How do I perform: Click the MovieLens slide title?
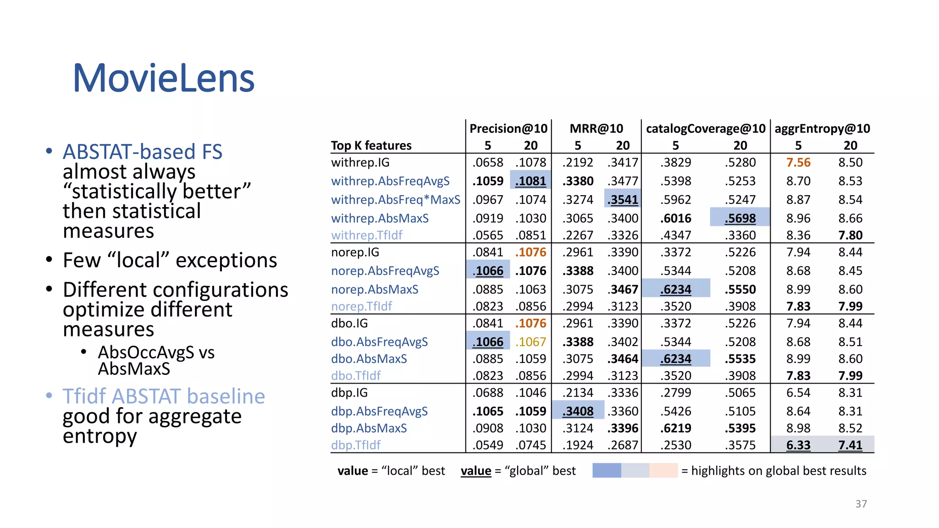164,78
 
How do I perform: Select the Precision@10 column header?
508,129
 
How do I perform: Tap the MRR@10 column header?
596,129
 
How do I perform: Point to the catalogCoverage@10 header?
706,129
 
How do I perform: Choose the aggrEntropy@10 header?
822,129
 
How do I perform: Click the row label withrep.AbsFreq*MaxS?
396,200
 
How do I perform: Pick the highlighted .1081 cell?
530,181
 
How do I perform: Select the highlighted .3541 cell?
622,200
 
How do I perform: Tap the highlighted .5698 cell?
740,219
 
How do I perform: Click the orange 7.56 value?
798,163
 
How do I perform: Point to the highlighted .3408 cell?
578,412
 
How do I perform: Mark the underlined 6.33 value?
798,445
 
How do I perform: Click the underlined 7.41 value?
850,445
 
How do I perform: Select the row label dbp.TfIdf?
356,445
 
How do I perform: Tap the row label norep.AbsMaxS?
375,290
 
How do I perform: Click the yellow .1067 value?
530,342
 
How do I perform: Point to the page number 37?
861,504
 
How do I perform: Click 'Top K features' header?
371,146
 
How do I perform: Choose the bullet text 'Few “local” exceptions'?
170,260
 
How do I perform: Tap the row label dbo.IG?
349,324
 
